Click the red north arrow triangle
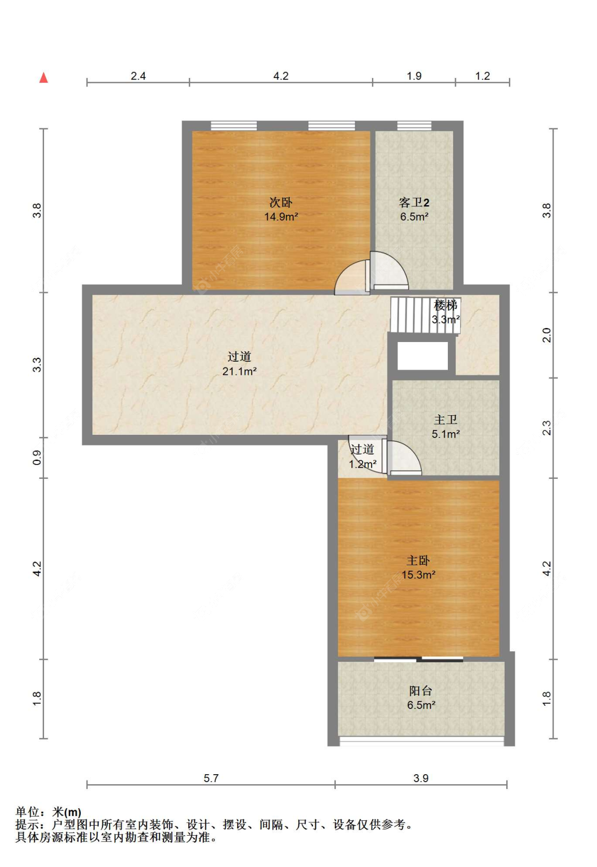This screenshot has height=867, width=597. pyautogui.click(x=44, y=77)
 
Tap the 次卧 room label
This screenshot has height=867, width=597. pyautogui.click(x=281, y=203)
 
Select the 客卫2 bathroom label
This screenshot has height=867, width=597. pyautogui.click(x=414, y=203)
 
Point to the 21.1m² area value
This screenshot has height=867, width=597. pyautogui.click(x=239, y=371)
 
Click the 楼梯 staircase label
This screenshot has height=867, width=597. pyautogui.click(x=446, y=305)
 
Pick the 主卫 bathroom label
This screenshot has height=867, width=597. pyautogui.click(x=446, y=419)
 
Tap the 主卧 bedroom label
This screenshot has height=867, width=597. pyautogui.click(x=418, y=561)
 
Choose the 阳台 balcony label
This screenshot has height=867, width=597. pyautogui.click(x=421, y=690)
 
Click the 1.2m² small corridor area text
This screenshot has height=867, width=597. pyautogui.click(x=362, y=464)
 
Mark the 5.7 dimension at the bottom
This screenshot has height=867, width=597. pyautogui.click(x=211, y=778)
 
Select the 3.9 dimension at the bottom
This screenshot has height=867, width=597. pyautogui.click(x=421, y=778)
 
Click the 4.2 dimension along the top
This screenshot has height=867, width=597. pyautogui.click(x=281, y=76)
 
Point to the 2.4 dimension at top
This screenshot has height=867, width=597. pyautogui.click(x=138, y=76)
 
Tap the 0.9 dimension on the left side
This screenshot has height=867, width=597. pyautogui.click(x=37, y=458)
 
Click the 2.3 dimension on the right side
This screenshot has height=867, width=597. pyautogui.click(x=546, y=428)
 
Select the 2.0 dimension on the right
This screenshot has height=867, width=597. pyautogui.click(x=546, y=335)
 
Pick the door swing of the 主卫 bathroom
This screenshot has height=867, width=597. pyautogui.click(x=404, y=458)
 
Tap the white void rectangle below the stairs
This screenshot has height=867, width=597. pyautogui.click(x=422, y=356)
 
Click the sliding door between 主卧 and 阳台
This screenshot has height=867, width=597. pyautogui.click(x=418, y=660)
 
